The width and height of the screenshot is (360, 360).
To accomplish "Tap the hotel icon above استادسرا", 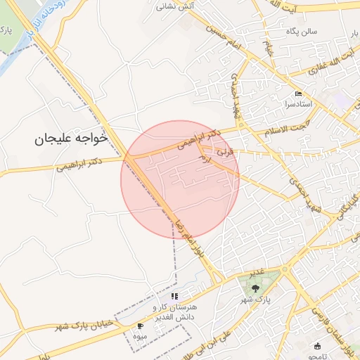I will click(299, 94).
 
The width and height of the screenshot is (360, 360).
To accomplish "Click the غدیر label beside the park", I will click(257, 272).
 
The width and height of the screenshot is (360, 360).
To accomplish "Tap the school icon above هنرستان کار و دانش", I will click(174, 297).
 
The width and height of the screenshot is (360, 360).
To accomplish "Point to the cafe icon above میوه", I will click(139, 326).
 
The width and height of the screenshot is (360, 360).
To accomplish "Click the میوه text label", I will click(141, 336).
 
